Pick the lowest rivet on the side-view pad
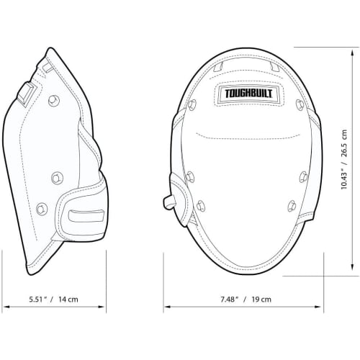(x=41, y=208)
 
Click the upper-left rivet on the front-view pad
(x=192, y=106)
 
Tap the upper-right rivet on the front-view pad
(x=300, y=104)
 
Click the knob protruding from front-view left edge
(x=168, y=201)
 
